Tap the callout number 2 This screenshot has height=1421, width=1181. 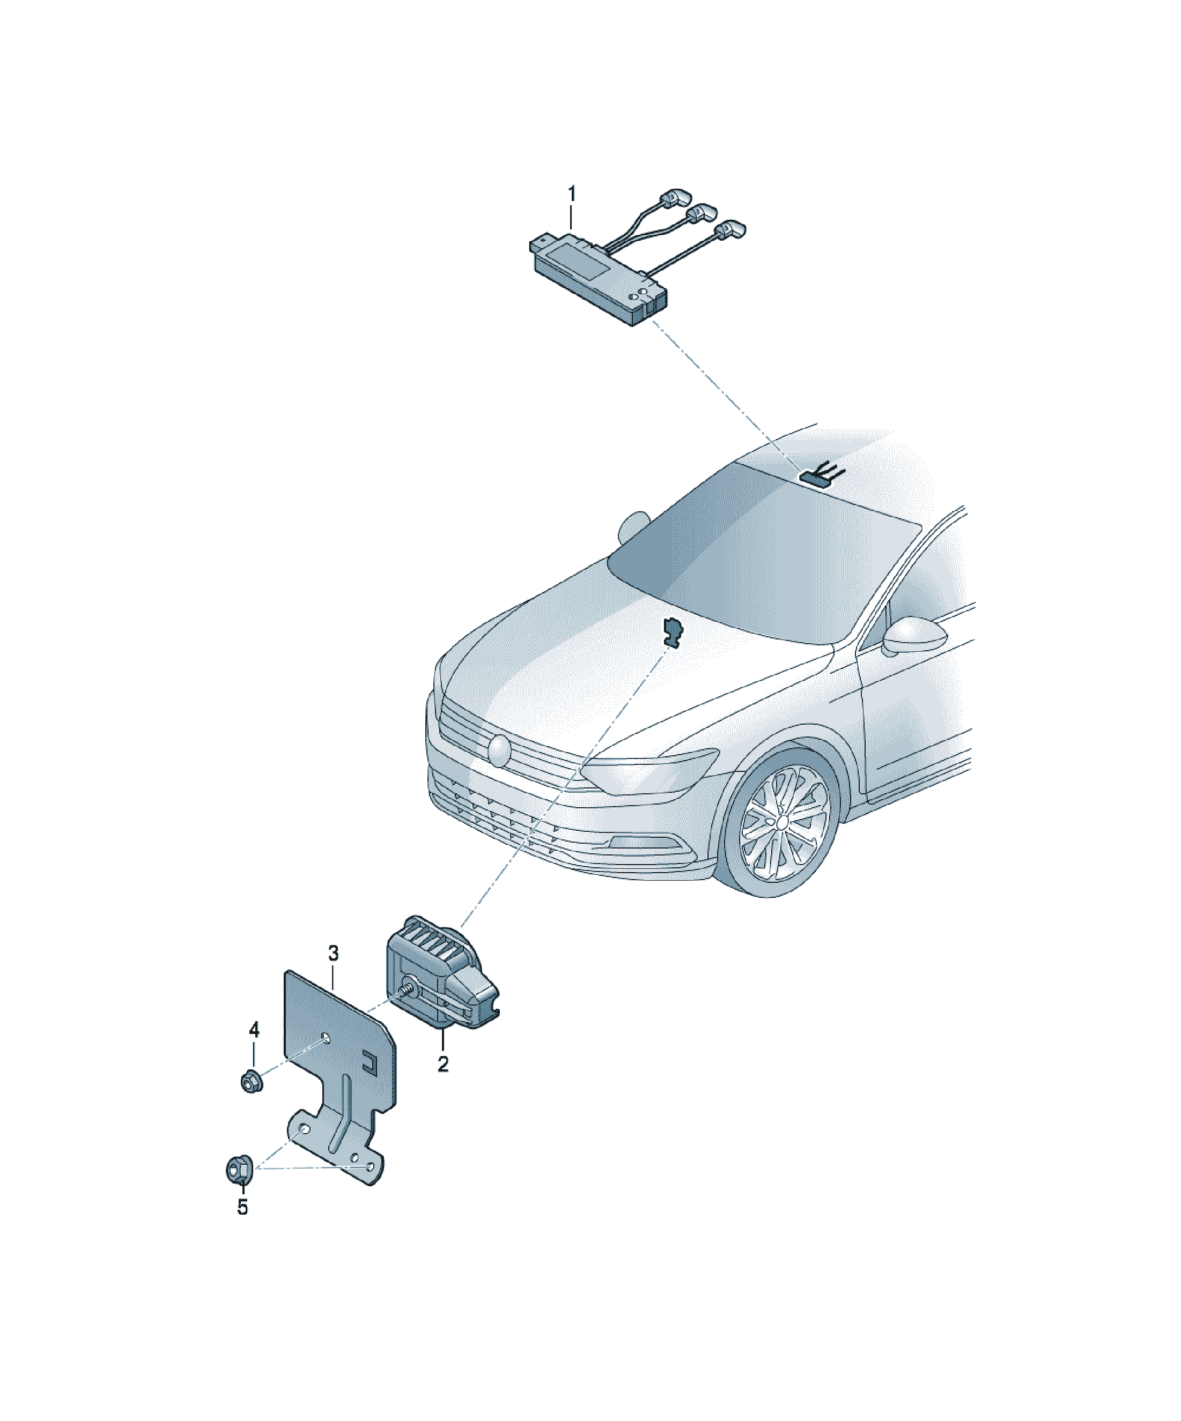click(x=443, y=1065)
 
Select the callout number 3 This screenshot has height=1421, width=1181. click(x=333, y=954)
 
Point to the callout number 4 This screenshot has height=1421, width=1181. click(x=254, y=1030)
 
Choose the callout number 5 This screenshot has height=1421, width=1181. click(x=242, y=1208)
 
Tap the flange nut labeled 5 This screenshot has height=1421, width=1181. click(x=239, y=1169)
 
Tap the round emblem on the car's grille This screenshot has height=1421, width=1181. click(x=500, y=750)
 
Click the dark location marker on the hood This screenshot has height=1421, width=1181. click(x=673, y=631)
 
